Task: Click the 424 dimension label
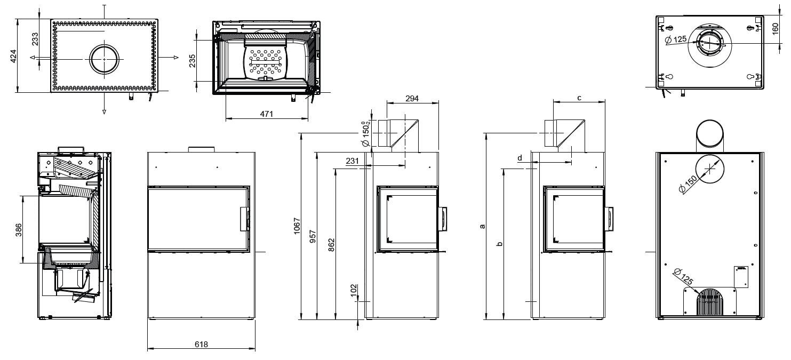click(14, 57)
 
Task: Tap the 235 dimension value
click(192, 61)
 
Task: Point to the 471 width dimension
click(267, 114)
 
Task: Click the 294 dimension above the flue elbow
click(412, 98)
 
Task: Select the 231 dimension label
click(352, 161)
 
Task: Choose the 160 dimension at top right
click(776, 28)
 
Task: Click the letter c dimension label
click(579, 98)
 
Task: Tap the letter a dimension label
click(482, 226)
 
